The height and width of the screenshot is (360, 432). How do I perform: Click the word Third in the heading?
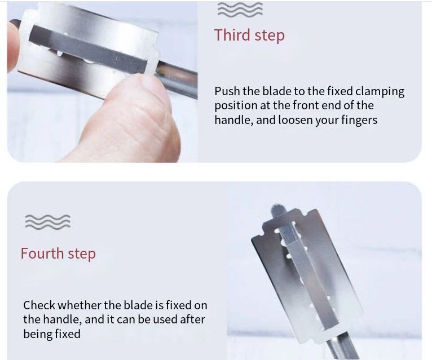pyautogui.click(x=232, y=35)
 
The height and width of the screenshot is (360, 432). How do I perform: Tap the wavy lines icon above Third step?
pyautogui.click(x=240, y=10)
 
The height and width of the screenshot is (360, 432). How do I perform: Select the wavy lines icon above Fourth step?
pyautogui.click(x=47, y=221)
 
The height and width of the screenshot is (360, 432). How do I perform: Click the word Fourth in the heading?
pyautogui.click(x=42, y=254)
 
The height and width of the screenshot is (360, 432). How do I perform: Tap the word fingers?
pyautogui.click(x=356, y=119)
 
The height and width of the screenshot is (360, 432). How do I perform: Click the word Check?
pyautogui.click(x=39, y=305)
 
